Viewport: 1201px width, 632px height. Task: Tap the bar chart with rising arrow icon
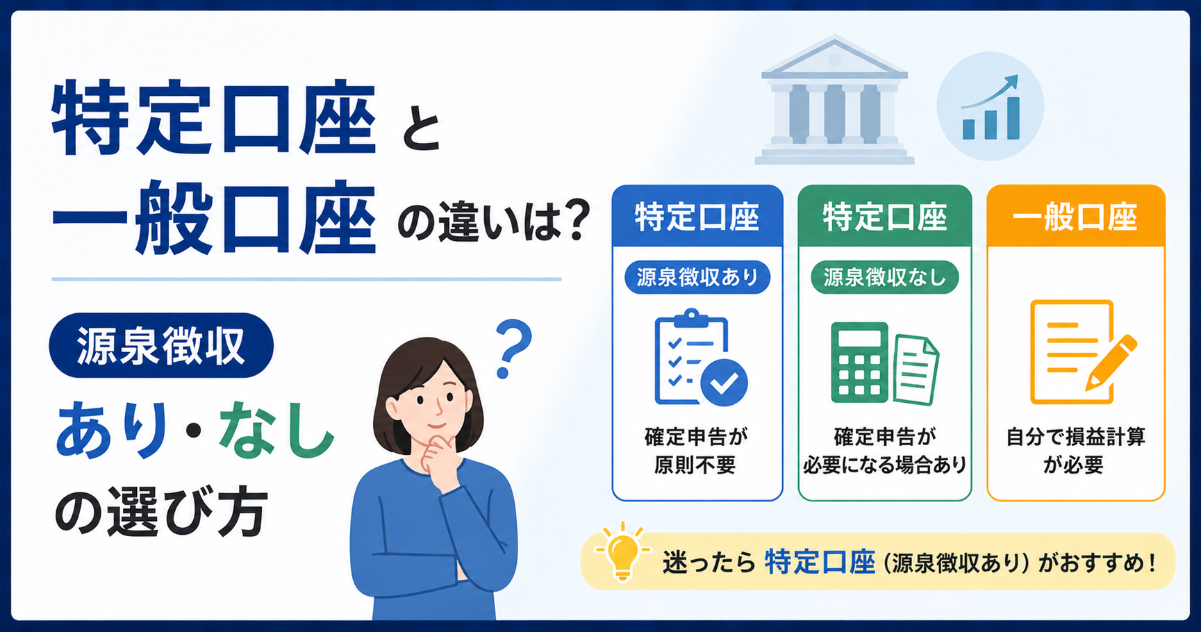(991, 107)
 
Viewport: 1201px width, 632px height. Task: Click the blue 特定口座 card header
(697, 216)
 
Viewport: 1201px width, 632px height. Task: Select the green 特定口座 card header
(885, 216)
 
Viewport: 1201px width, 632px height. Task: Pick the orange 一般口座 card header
(1075, 216)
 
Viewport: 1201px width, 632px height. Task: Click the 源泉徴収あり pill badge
(697, 278)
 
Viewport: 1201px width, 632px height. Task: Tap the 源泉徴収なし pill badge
(885, 278)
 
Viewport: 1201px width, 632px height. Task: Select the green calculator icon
(860, 362)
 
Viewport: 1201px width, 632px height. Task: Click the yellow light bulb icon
(622, 553)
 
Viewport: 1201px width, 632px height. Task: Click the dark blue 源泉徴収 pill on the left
(161, 345)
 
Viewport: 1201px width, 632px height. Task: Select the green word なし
(277, 432)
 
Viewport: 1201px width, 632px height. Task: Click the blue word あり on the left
(112, 432)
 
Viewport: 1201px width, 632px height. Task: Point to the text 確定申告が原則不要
(697, 451)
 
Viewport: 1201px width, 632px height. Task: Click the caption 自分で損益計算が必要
(1075, 451)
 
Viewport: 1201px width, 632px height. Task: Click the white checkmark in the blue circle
(724, 383)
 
